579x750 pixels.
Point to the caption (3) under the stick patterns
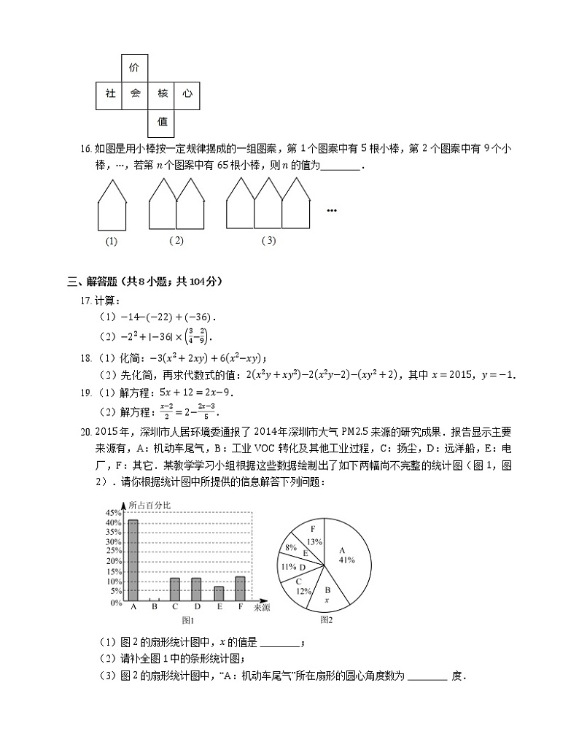click(268, 241)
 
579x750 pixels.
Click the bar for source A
click(133, 561)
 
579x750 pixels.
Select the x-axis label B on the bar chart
click(154, 608)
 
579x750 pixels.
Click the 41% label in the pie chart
click(346, 560)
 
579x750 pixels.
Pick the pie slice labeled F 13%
click(314, 536)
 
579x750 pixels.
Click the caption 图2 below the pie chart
click(326, 621)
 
